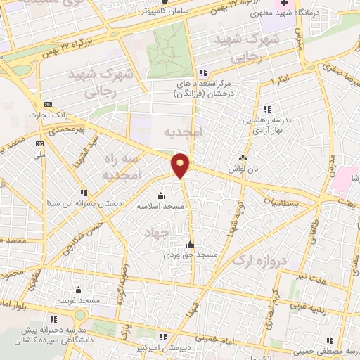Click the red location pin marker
tap(181, 165)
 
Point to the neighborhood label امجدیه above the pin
tap(183, 132)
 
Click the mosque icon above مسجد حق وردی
tap(189, 245)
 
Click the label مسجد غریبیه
tap(79, 300)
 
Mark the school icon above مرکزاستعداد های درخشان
tap(204, 72)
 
